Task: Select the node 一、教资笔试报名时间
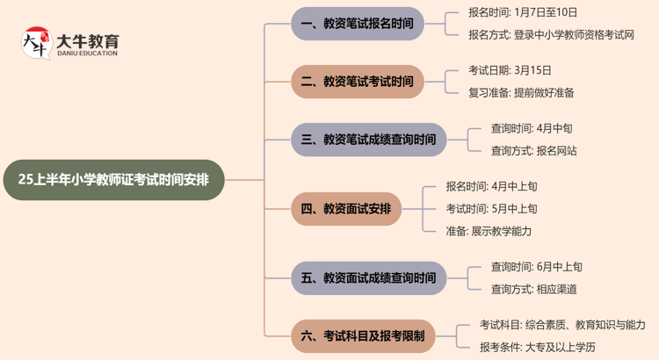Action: point(357,24)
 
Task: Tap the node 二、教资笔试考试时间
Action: point(357,82)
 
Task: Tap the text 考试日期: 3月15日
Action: point(511,70)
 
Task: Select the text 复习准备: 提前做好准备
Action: point(521,93)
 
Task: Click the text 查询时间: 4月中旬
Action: point(532,128)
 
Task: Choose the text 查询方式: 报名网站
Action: point(533,151)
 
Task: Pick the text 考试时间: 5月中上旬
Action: point(491,209)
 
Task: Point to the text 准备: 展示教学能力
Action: point(489,232)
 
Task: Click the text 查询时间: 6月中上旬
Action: point(536,267)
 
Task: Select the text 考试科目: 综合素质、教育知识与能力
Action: point(561,325)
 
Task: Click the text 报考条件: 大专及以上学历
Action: point(537,348)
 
